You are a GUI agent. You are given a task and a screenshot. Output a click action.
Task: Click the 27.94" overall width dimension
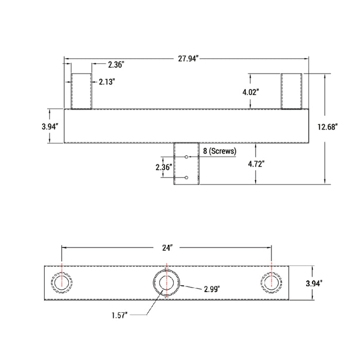pos(187,59)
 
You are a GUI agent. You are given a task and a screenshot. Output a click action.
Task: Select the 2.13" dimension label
pos(107,81)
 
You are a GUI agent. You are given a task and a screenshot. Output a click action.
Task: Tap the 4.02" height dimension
pos(250,92)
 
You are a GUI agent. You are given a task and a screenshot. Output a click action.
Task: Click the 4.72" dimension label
pos(256,164)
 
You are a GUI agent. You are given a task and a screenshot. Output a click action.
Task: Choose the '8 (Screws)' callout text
pos(220,151)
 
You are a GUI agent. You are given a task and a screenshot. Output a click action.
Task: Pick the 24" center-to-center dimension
pos(167,247)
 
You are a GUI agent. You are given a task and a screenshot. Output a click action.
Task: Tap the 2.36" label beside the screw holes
pos(164,167)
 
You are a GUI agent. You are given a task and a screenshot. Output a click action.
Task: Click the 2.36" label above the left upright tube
pos(116,65)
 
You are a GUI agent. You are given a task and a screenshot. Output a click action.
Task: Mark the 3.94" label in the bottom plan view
pos(314,283)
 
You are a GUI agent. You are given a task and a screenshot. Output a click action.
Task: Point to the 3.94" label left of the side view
pos(50,126)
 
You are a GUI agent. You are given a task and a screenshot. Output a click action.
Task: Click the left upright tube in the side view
pos(81,91)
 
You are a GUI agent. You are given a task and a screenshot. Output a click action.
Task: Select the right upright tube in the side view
pos(291,91)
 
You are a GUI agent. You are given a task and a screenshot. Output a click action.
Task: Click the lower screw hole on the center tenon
pos(186,177)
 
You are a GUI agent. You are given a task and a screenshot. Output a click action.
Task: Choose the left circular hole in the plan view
pos(62,282)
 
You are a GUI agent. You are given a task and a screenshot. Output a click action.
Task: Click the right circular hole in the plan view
pos(272,282)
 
